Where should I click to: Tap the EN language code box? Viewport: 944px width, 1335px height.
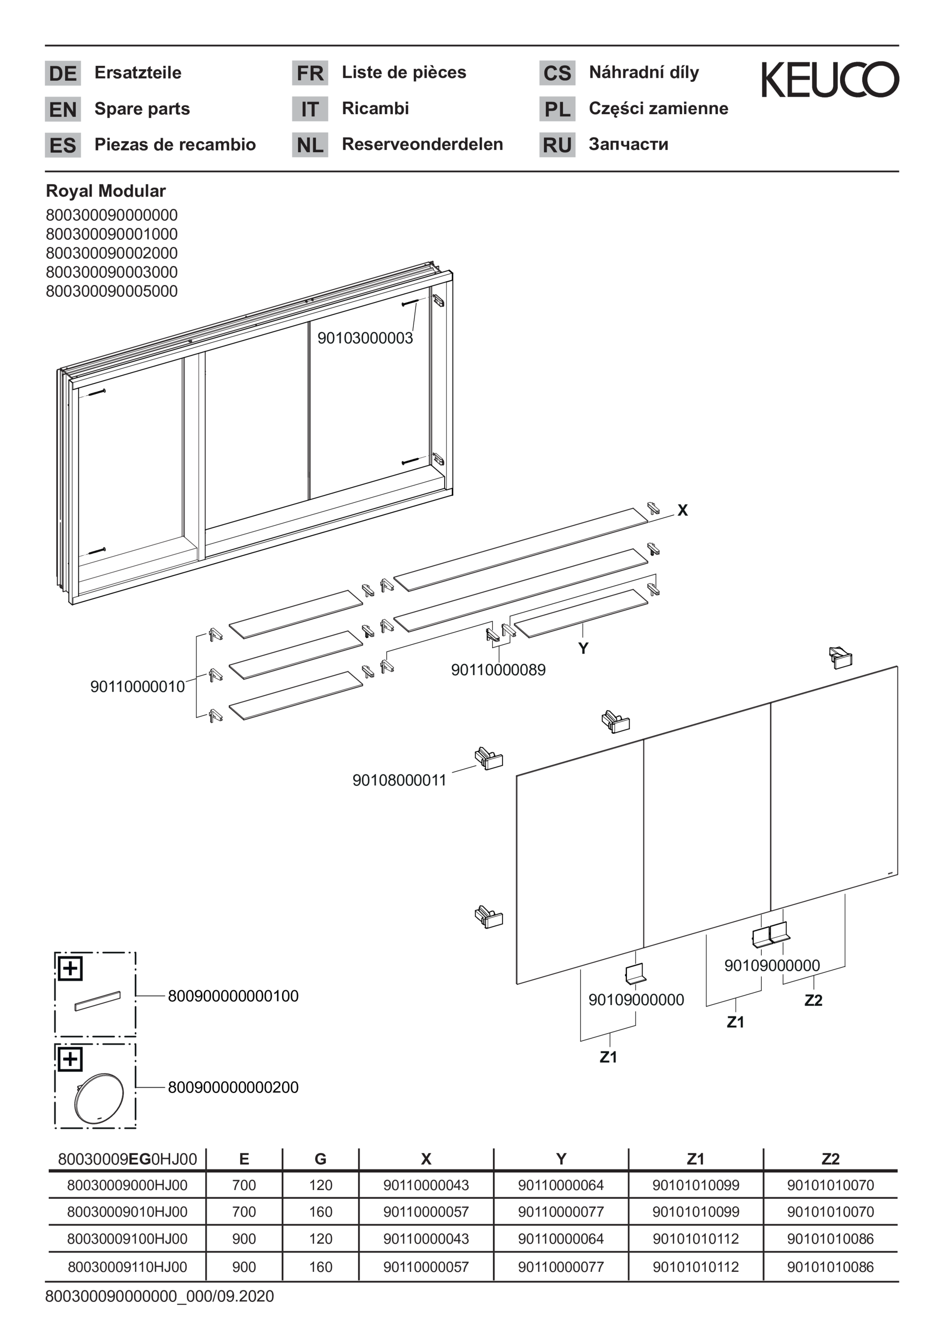pos(63,109)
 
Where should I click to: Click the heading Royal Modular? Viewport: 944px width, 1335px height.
pos(106,191)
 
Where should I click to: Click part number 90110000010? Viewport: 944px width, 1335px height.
pos(137,686)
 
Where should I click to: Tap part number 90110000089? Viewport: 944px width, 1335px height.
pos(498,669)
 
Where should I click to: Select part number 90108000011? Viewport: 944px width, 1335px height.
pos(399,780)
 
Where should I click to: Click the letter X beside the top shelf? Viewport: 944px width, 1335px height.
pos(682,510)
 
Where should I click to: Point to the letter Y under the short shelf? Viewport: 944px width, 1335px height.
pos(584,648)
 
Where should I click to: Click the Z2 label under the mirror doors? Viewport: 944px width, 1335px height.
pos(813,1000)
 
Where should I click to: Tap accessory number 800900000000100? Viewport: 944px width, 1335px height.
pos(233,996)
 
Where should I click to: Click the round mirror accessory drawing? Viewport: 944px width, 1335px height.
pos(99,1098)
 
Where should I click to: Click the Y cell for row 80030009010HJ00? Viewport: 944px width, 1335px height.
pos(561,1212)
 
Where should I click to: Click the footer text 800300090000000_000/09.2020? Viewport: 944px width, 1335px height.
pos(159,1296)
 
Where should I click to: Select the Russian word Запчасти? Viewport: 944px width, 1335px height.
pos(628,144)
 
